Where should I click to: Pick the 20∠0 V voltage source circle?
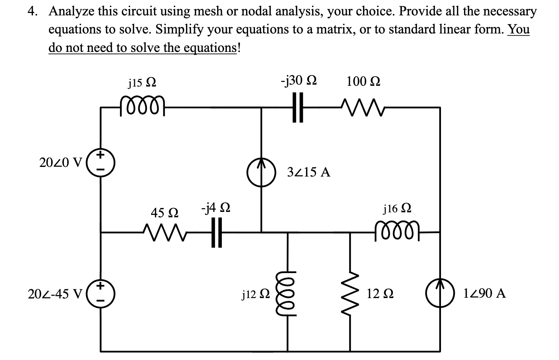pos(101,163)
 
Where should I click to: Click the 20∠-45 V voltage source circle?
pos(101,294)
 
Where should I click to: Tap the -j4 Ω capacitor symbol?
pos(216,232)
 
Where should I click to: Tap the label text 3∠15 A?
pos(309,172)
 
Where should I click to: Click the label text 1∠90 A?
pos(484,294)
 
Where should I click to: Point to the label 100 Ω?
pos(363,82)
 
